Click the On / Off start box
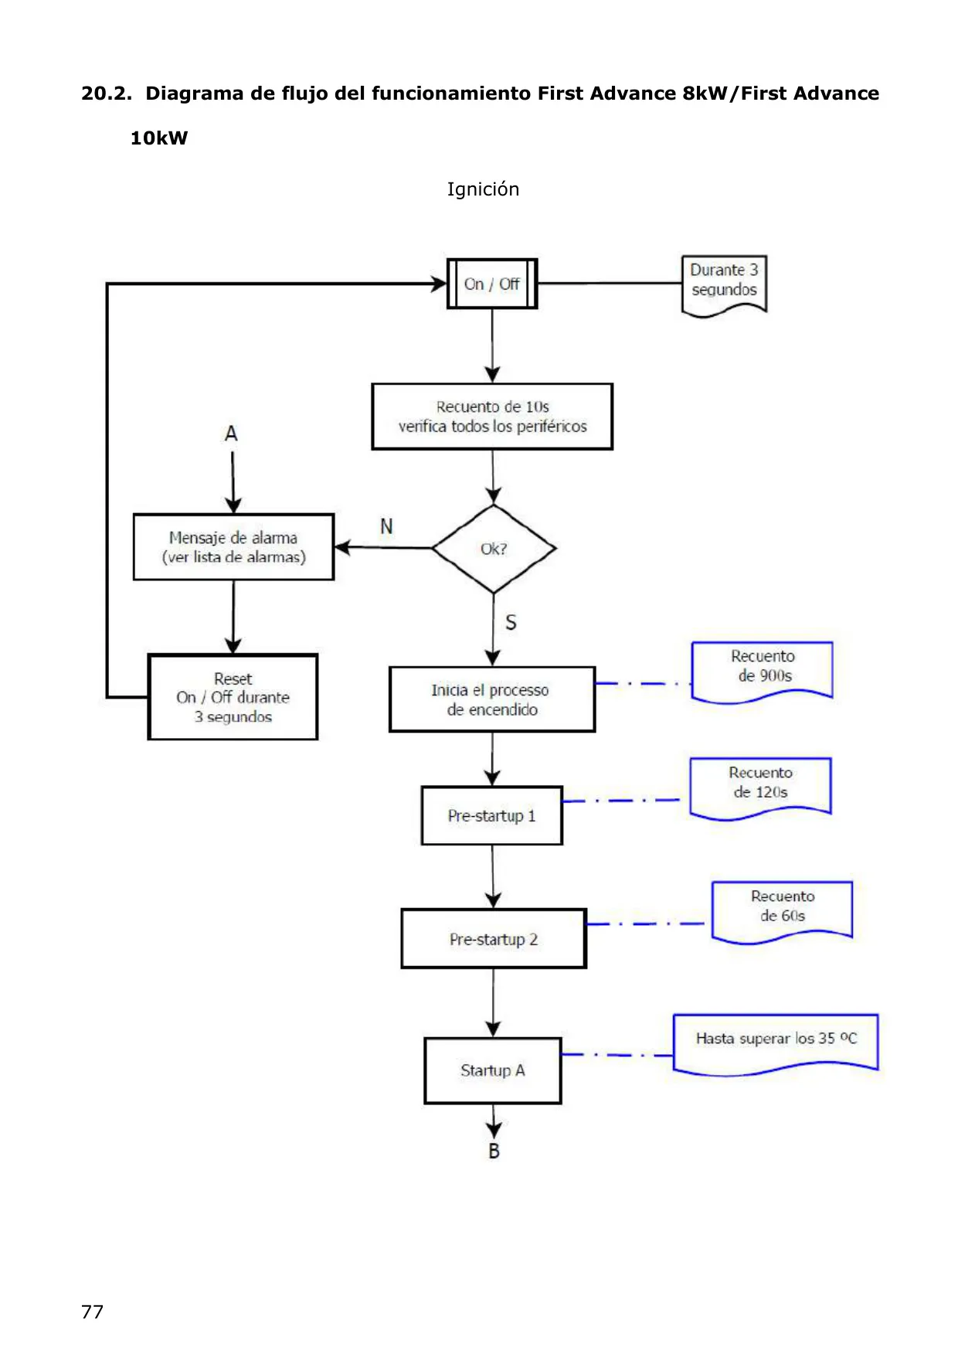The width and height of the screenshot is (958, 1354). tap(492, 284)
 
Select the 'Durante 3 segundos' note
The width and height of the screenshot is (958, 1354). tap(724, 285)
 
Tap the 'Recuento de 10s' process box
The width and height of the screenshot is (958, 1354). tap(492, 417)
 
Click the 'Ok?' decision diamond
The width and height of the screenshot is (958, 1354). tap(494, 549)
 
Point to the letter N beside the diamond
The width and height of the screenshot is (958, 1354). tap(386, 526)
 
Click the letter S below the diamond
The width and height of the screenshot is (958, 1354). tap(511, 623)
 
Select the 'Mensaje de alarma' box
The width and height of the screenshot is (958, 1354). tap(233, 547)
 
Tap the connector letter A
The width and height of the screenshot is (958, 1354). tap(231, 434)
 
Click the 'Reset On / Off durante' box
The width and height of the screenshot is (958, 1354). tap(233, 697)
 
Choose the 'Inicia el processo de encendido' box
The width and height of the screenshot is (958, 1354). tap(492, 699)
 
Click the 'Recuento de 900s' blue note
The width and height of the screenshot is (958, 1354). tap(762, 672)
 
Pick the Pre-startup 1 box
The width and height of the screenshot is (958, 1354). tap(492, 815)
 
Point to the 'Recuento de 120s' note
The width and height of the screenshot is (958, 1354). tap(760, 788)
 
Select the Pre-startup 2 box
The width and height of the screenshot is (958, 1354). tap(494, 939)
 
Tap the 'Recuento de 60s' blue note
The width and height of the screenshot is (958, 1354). tap(782, 912)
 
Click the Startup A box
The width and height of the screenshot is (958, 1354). tap(493, 1070)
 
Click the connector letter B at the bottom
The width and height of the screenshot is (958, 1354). tap(494, 1152)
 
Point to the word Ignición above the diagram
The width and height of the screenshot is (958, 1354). tap(483, 189)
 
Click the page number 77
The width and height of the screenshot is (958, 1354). tap(92, 1311)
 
